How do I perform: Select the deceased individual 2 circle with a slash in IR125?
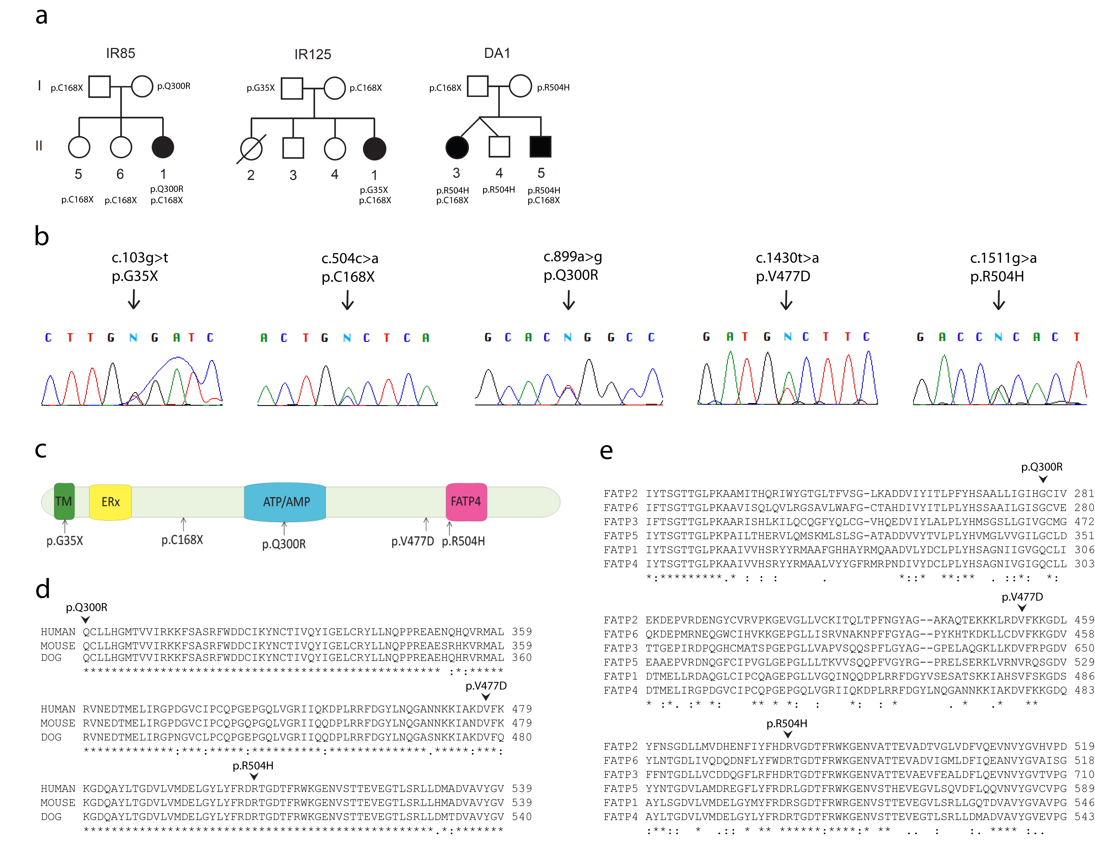[x=251, y=149]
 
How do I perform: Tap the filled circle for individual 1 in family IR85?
[x=163, y=147]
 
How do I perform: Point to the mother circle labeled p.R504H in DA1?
[x=520, y=86]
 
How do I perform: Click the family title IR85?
[x=120, y=53]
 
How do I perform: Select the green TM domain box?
[x=64, y=501]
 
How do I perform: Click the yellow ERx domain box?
[x=110, y=502]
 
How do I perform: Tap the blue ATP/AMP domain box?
[x=285, y=502]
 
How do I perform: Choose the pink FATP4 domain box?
[x=466, y=502]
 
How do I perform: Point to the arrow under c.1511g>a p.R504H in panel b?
[x=999, y=300]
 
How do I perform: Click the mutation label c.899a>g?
[x=572, y=257]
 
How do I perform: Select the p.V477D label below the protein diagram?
[x=412, y=541]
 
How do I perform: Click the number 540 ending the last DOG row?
[x=522, y=816]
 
